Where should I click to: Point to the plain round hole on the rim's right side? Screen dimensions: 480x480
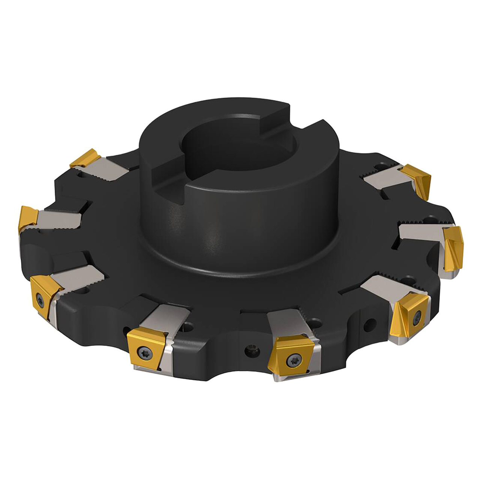coord(372,322)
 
